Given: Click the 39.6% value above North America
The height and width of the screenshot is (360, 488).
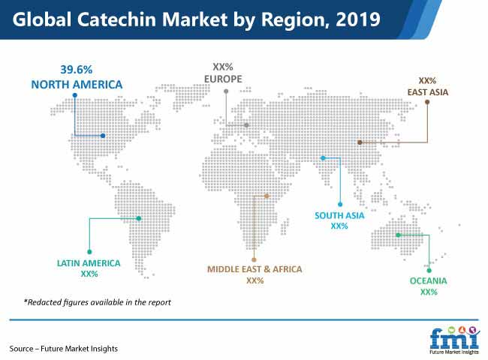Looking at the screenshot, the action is (77, 69).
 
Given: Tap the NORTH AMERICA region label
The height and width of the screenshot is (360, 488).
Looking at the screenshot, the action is (77, 85).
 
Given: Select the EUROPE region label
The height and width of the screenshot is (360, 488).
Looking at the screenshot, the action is (223, 79).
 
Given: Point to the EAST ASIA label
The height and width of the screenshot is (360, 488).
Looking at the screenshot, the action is (428, 92).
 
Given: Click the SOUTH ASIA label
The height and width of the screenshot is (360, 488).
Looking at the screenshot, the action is (339, 215).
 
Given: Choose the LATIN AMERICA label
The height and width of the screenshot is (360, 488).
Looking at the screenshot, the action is (89, 263).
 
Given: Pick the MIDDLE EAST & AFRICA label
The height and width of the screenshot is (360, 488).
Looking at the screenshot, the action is (255, 269).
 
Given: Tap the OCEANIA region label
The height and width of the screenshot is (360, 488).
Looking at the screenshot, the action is (428, 281).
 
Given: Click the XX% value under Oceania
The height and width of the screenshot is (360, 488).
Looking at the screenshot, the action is (429, 292).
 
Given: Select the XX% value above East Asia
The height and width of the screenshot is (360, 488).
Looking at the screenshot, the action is (427, 81).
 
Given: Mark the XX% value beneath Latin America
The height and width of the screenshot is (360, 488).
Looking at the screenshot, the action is (89, 274).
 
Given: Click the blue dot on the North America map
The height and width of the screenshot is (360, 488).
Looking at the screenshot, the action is (103, 136).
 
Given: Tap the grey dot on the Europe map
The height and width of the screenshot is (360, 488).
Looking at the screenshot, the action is (246, 125).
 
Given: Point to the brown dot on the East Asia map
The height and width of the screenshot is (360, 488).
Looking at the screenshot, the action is (360, 142).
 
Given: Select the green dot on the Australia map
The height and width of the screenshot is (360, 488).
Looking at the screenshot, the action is (398, 235).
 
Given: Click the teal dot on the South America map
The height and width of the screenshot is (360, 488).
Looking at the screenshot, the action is (139, 218).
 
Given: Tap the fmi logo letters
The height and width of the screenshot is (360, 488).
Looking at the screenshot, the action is (453, 339).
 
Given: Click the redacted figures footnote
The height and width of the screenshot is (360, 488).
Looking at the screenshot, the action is (98, 302).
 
